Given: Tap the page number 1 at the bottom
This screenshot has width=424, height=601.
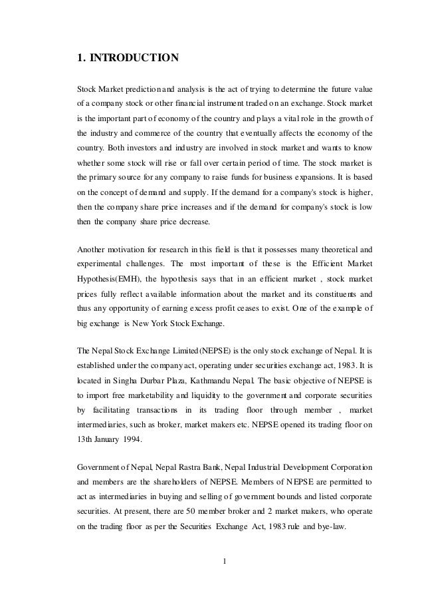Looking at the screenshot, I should point(225,559).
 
